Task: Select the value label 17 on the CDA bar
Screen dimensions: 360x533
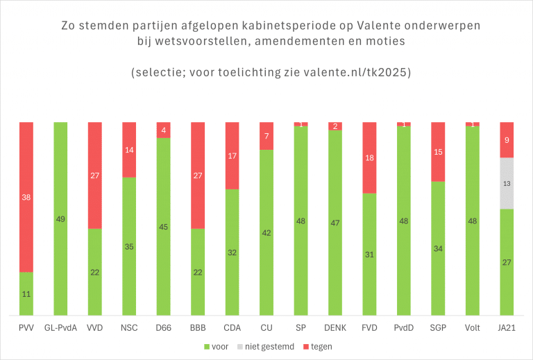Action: (x=232, y=156)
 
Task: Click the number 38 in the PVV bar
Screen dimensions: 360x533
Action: (x=26, y=198)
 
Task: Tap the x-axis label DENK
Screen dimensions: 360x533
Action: (x=335, y=327)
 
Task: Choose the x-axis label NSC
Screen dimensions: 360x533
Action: (x=129, y=327)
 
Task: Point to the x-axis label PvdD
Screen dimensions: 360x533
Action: (x=403, y=327)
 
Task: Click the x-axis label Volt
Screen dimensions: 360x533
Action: (x=472, y=327)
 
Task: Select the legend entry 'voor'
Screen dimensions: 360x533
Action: (x=217, y=345)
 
